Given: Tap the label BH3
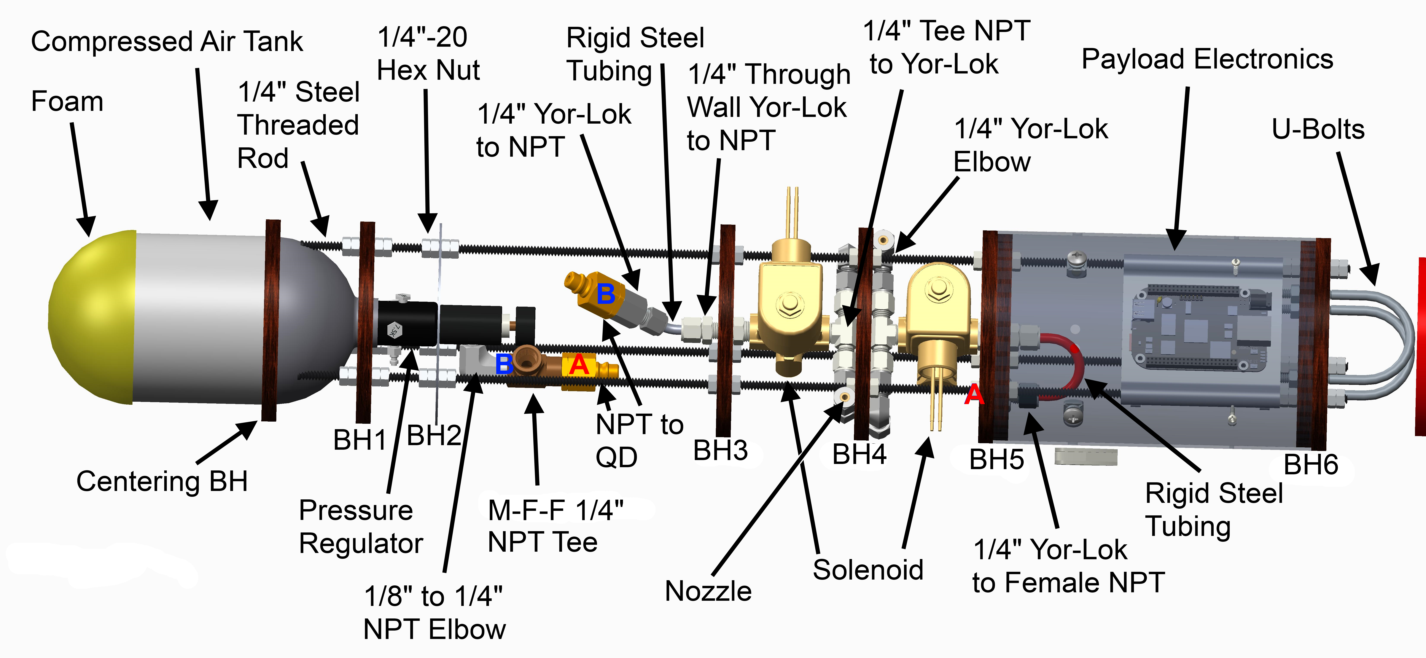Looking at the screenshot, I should (720, 450).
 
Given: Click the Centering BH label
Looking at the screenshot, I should (162, 481).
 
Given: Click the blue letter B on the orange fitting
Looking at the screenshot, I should (606, 293).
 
